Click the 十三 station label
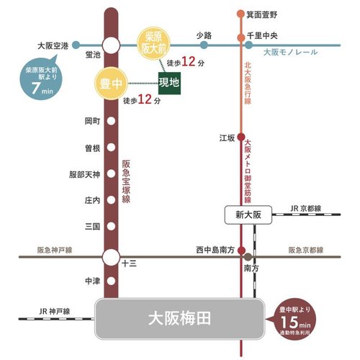pyautogui.click(x=130, y=264)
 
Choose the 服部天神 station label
pyautogui.click(x=84, y=174)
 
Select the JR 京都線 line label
pyautogui.click(x=305, y=207)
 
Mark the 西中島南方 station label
pyautogui.click(x=215, y=250)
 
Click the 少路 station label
pyautogui.click(x=204, y=35)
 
